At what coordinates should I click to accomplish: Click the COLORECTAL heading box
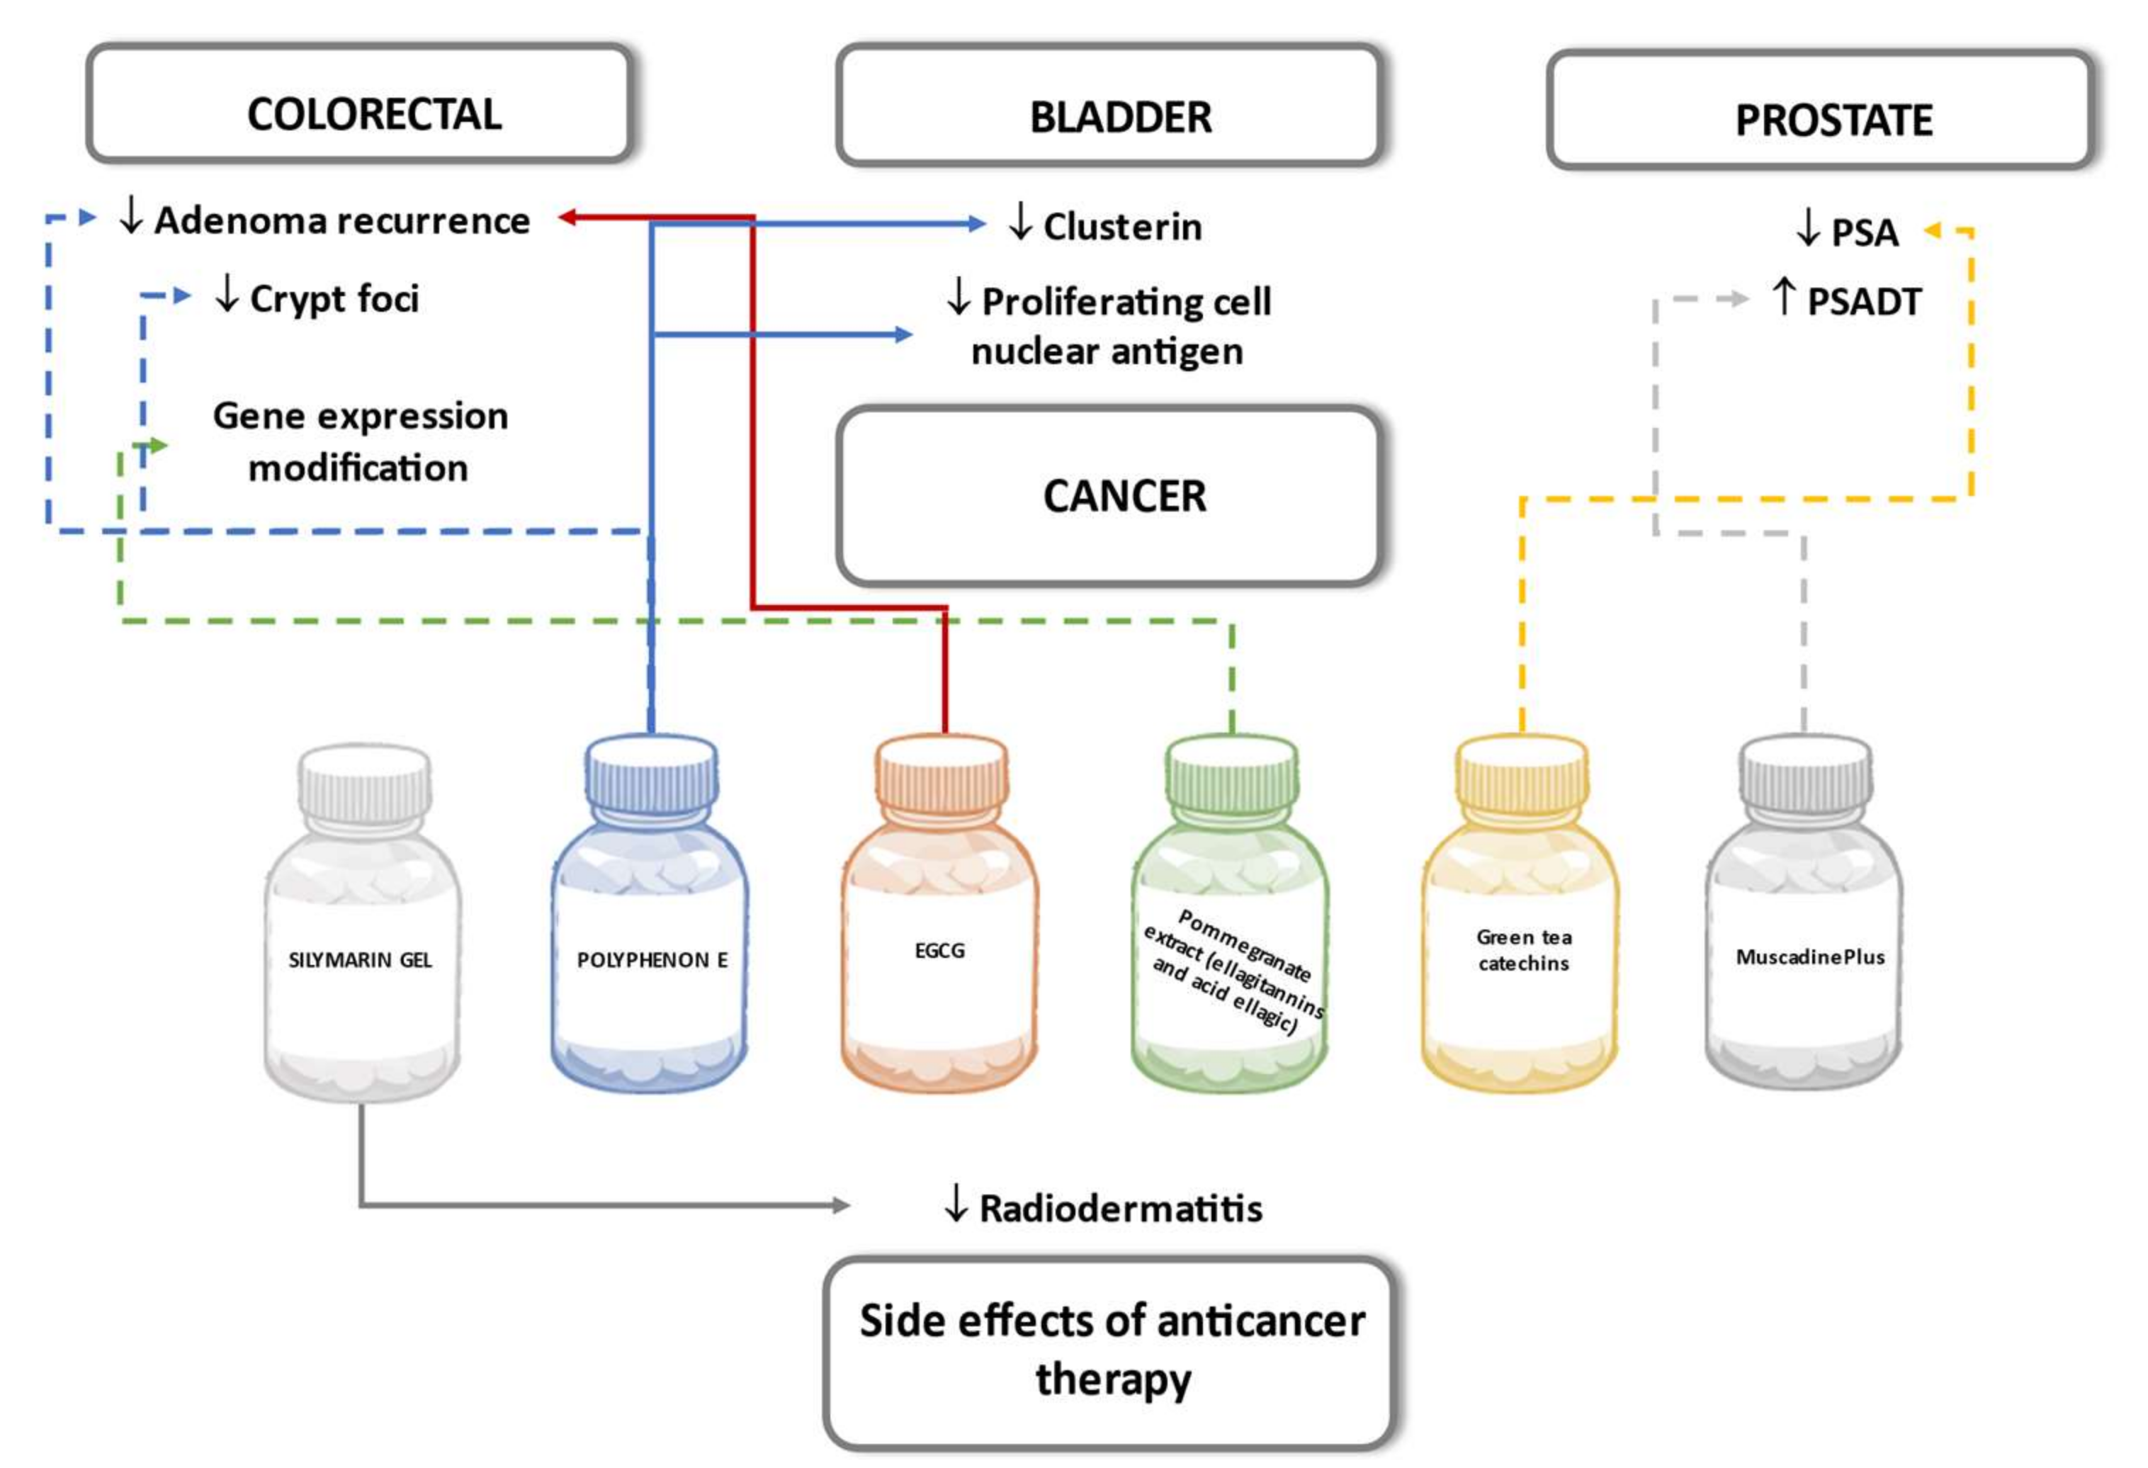[360, 103]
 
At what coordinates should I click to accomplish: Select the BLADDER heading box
[1109, 106]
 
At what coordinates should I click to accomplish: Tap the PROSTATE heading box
[1820, 111]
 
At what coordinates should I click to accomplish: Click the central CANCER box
[1109, 497]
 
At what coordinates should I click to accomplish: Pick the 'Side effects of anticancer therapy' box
[1109, 1352]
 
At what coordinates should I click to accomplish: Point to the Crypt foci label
[333, 298]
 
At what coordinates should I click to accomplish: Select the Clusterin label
[1121, 227]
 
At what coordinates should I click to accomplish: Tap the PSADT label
[1862, 301]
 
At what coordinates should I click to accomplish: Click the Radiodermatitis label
[1119, 1208]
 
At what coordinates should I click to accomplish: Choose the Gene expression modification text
[360, 442]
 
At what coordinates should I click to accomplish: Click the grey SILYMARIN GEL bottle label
[361, 961]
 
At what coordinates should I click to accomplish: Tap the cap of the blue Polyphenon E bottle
[652, 772]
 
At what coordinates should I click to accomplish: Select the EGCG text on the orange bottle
[939, 950]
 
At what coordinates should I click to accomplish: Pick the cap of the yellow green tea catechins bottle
[1522, 772]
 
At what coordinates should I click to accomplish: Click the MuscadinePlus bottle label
[1809, 956]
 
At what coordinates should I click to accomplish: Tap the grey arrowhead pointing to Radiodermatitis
[840, 1204]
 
